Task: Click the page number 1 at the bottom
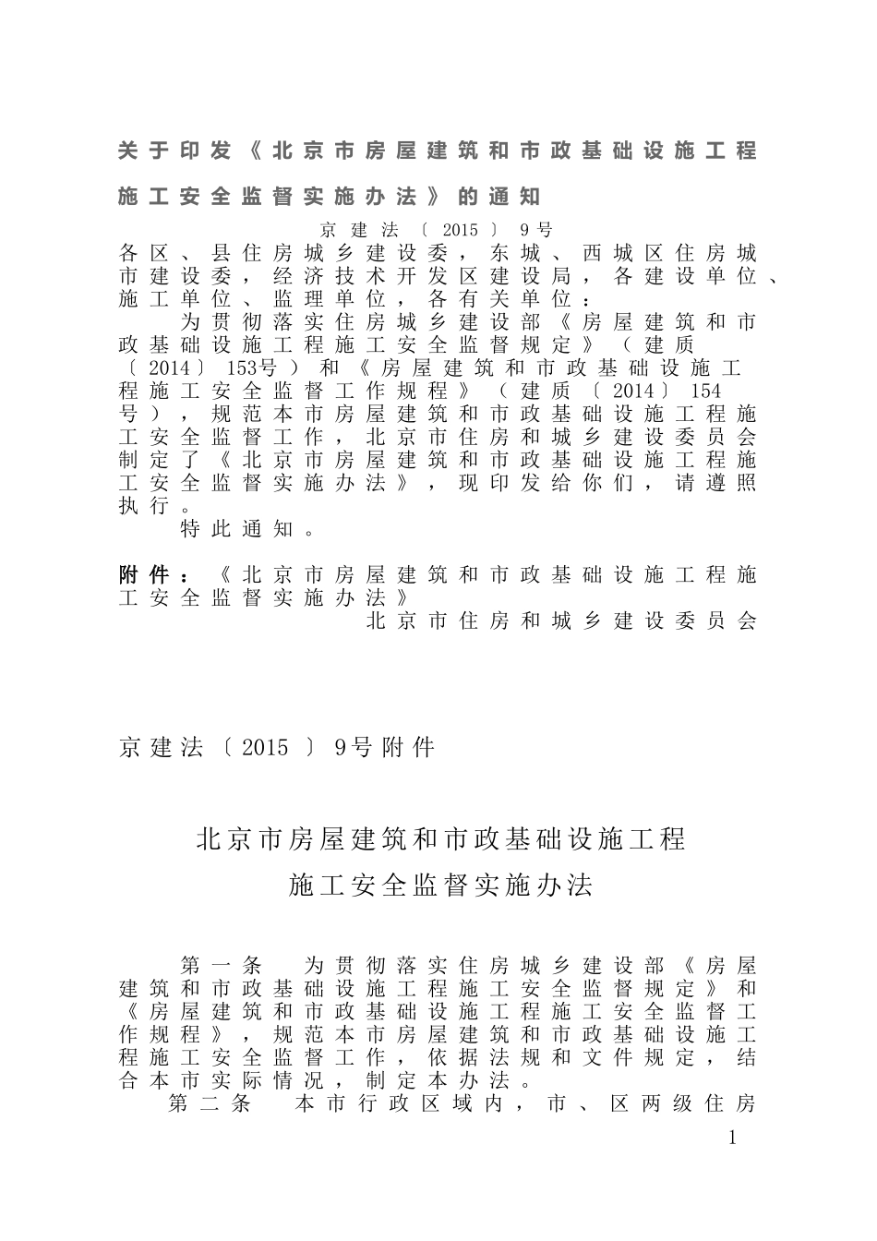(x=733, y=1138)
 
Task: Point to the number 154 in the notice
(x=705, y=392)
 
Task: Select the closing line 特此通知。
(x=248, y=529)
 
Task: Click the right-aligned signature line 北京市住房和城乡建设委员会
(x=561, y=621)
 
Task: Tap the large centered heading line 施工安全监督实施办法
(x=440, y=886)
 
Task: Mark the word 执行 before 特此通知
(x=143, y=506)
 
